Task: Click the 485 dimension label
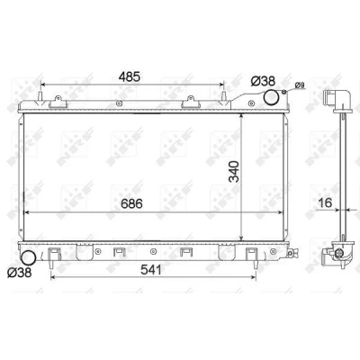[x=129, y=76]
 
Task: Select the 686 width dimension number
[x=131, y=204]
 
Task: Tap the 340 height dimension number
[x=234, y=172]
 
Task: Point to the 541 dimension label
[x=150, y=270]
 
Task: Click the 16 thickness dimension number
[x=325, y=202]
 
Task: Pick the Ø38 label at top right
[x=263, y=81]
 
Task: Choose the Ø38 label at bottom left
[x=19, y=273]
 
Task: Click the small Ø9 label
[x=300, y=85]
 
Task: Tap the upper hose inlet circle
[x=271, y=97]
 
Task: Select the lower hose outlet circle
[x=28, y=258]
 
